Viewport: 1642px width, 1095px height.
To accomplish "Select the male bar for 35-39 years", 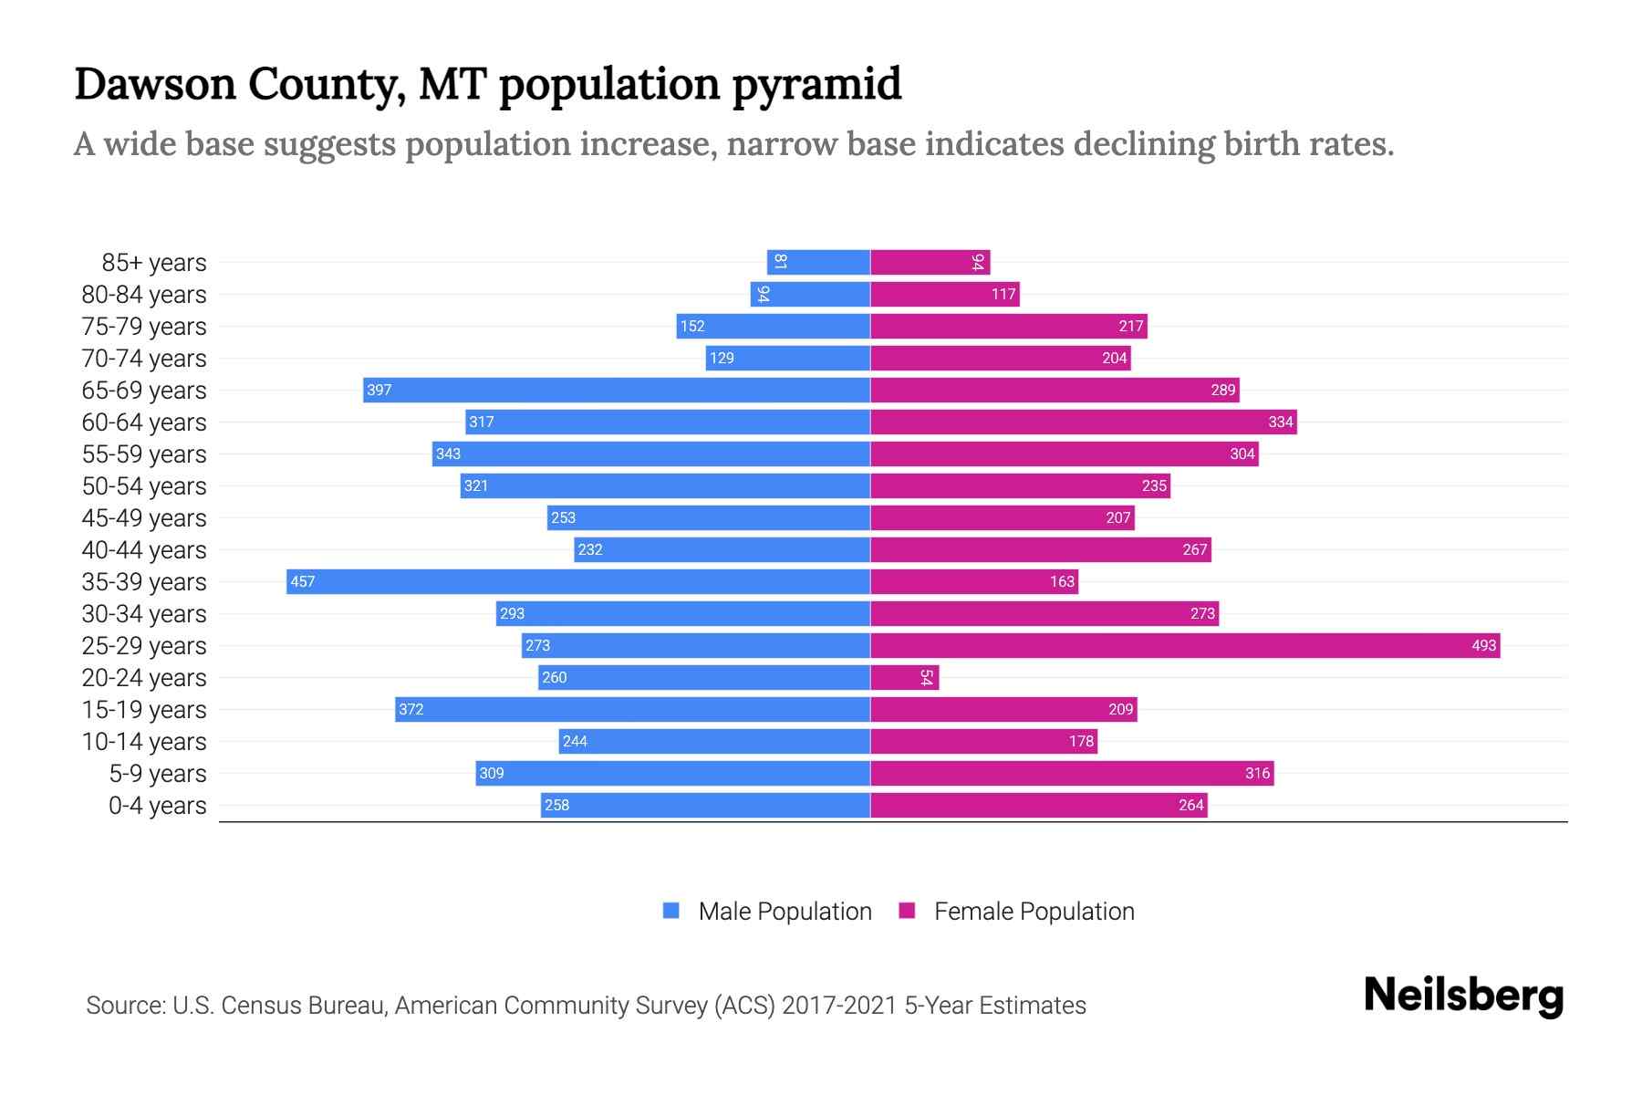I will pos(578,581).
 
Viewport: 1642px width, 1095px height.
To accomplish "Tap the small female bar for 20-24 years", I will pos(904,677).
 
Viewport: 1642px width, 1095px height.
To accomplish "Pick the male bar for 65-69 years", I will pos(617,390).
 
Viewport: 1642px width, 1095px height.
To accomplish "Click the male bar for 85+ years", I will pos(818,262).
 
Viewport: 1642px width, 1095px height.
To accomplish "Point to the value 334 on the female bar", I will pos(1280,422).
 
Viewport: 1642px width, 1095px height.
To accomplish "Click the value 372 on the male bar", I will pos(410,709).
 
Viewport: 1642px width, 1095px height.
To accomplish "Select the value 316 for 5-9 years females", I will pos(1257,773).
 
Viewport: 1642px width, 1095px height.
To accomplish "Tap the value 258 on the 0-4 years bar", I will pos(556,805).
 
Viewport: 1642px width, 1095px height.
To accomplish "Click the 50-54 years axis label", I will pos(144,485).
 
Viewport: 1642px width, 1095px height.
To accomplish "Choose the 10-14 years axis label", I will pos(144,741).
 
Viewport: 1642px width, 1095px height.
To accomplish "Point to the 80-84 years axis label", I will pos(144,294).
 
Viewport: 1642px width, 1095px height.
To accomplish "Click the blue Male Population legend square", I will pos(671,911).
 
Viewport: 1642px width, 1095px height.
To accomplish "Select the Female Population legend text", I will pos(1034,911).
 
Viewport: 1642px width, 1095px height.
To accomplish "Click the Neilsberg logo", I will pos(1463,996).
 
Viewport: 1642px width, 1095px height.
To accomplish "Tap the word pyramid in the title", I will pos(816,84).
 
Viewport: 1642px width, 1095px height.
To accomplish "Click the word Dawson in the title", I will pos(154,84).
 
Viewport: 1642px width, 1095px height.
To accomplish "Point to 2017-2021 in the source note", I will pos(839,1005).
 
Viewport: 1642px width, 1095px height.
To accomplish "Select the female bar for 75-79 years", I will pos(1008,326).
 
